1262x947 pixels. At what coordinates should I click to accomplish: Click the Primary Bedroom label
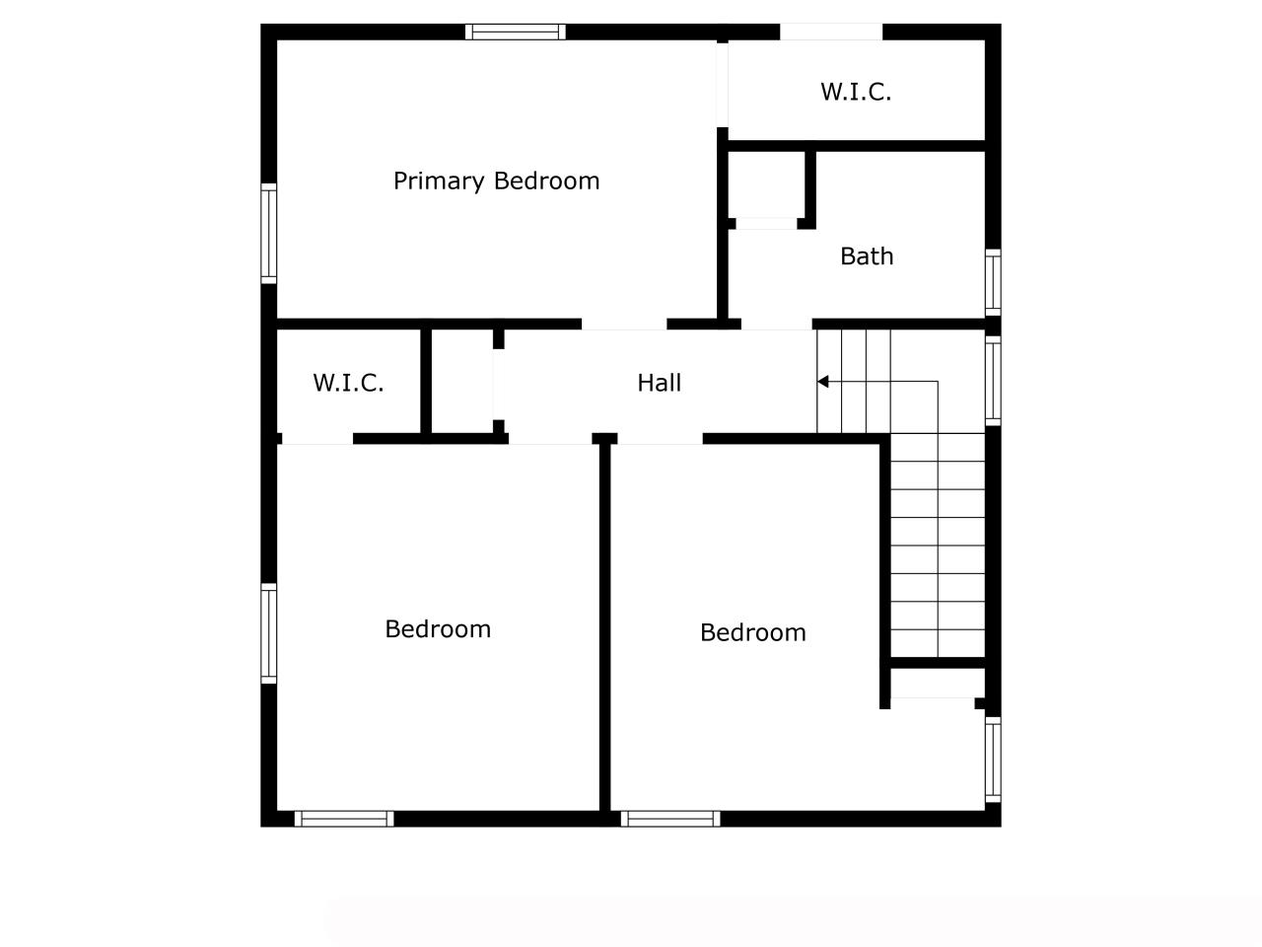[x=496, y=182]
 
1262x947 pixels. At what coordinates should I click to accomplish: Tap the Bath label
[x=867, y=256]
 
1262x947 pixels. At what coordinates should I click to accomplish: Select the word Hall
[x=659, y=383]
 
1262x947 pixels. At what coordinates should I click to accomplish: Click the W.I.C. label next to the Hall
[x=348, y=383]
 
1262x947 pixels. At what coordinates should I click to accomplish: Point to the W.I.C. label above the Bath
[x=856, y=92]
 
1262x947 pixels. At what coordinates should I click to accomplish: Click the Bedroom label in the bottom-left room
[x=438, y=629]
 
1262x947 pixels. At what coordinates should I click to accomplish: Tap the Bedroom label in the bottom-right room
[x=752, y=632]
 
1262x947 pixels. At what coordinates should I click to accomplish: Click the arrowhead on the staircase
[x=822, y=381]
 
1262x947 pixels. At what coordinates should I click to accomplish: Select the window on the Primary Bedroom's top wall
[x=515, y=32]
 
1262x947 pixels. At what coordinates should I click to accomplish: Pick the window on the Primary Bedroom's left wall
[x=268, y=234]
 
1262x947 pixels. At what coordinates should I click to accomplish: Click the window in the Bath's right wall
[x=993, y=282]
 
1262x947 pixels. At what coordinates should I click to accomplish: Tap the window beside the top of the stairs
[x=993, y=381]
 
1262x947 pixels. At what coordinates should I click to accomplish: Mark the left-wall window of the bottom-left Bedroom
[x=268, y=633]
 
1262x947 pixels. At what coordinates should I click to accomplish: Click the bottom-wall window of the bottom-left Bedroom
[x=344, y=819]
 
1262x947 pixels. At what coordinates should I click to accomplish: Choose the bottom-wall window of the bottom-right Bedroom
[x=670, y=819]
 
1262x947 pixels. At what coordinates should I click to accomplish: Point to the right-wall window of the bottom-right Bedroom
[x=993, y=759]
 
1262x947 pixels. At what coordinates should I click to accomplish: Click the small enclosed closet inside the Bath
[x=766, y=184]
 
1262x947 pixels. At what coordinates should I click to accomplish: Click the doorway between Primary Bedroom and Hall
[x=624, y=325]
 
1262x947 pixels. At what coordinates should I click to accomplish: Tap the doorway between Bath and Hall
[x=776, y=325]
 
